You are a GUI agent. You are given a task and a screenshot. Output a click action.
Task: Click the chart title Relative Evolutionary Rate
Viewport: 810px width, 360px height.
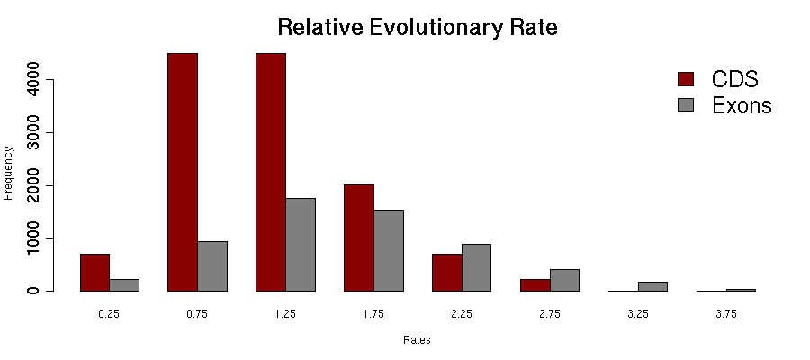(x=418, y=27)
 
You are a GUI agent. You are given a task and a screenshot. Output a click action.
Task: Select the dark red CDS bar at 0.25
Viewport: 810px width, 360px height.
(x=94, y=273)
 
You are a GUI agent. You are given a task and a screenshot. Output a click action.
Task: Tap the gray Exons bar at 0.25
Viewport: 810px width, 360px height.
(x=124, y=285)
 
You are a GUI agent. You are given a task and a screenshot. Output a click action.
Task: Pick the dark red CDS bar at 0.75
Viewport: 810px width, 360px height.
(x=183, y=171)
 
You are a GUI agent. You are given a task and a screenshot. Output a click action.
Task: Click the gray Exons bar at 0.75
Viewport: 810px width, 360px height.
(x=212, y=266)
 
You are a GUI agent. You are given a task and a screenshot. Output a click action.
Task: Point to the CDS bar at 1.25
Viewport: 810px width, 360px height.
(x=271, y=171)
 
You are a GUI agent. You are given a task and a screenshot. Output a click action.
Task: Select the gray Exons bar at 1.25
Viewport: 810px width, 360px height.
(x=301, y=245)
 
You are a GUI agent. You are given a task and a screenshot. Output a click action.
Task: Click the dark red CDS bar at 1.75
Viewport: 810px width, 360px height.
(x=359, y=238)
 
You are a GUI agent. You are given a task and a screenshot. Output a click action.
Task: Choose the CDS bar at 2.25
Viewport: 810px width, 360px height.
(x=447, y=273)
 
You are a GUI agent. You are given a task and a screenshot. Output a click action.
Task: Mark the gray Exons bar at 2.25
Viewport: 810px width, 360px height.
(x=477, y=267)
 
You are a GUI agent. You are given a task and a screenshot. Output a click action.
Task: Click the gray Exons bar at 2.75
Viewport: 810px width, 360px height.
(x=565, y=280)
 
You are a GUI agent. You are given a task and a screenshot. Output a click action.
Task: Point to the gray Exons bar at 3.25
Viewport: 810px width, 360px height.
(x=653, y=286)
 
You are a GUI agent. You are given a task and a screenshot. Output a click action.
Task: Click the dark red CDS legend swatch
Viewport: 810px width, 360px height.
(x=687, y=78)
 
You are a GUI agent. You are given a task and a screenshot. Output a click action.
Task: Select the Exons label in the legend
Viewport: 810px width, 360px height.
(x=742, y=105)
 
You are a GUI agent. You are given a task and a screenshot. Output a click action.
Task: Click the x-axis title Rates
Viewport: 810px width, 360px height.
(x=418, y=341)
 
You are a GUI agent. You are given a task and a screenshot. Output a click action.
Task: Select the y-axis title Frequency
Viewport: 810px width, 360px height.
(x=9, y=172)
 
